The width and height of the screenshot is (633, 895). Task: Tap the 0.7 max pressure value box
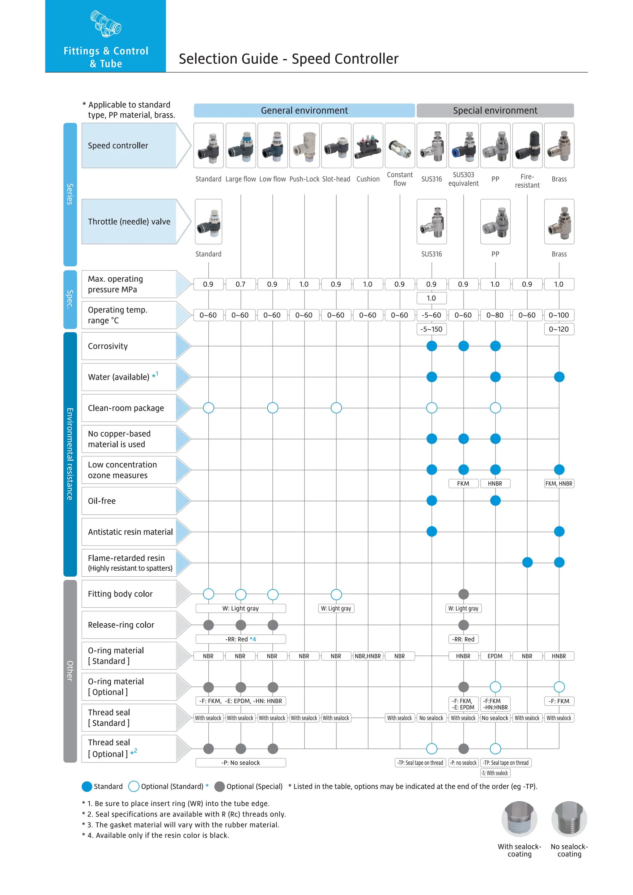click(x=240, y=284)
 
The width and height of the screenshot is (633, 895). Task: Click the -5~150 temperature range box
click(x=431, y=329)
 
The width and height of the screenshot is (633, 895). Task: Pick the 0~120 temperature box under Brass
click(x=559, y=329)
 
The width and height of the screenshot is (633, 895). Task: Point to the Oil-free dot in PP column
click(x=495, y=501)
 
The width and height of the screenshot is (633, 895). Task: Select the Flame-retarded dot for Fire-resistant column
click(x=527, y=562)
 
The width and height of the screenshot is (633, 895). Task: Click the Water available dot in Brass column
click(x=559, y=377)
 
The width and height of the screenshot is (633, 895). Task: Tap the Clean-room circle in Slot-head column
click(x=336, y=408)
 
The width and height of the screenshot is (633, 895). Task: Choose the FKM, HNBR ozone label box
click(x=559, y=483)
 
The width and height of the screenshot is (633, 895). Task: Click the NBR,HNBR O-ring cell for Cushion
click(x=367, y=656)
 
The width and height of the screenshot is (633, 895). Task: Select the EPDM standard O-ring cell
click(x=495, y=656)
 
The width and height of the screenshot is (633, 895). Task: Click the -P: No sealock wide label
click(x=240, y=762)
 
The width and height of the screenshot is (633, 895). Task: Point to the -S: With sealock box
click(x=495, y=773)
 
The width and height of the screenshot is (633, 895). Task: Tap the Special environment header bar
click(x=495, y=110)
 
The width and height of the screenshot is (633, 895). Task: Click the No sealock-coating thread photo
click(x=569, y=819)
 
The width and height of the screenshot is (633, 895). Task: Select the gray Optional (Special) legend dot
click(x=219, y=786)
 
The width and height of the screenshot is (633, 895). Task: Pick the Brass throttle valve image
click(x=559, y=221)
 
